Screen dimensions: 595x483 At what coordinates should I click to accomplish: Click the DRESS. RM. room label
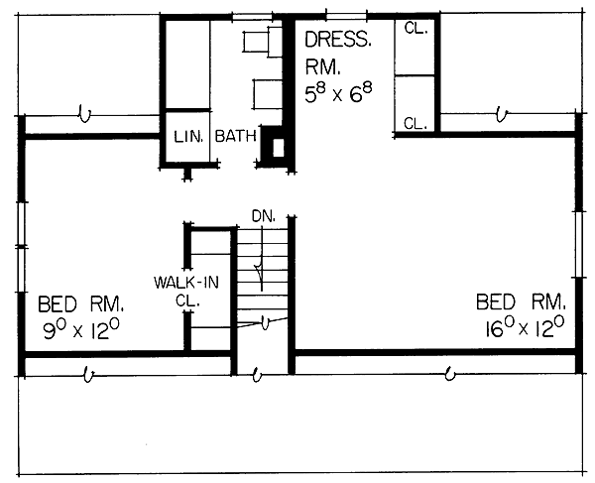(x=338, y=53)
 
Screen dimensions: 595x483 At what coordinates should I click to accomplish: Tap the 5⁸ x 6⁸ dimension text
(x=338, y=93)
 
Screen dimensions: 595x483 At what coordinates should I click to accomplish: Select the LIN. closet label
(x=188, y=137)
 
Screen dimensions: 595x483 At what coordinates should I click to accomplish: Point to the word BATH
(x=235, y=136)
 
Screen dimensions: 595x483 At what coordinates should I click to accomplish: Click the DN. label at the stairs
(x=264, y=216)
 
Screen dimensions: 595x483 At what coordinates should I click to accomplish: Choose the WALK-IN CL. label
(x=186, y=292)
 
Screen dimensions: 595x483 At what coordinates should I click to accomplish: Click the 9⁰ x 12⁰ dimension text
(x=81, y=329)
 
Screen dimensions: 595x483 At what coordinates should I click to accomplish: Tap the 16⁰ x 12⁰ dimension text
(x=525, y=326)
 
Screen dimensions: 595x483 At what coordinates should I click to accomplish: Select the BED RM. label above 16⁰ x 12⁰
(x=521, y=302)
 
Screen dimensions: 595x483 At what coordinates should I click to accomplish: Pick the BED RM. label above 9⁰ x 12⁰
(x=81, y=303)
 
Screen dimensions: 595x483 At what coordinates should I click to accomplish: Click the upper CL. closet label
(x=416, y=28)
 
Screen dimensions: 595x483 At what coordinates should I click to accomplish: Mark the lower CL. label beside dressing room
(x=416, y=123)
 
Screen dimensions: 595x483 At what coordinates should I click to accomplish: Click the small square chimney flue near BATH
(x=278, y=148)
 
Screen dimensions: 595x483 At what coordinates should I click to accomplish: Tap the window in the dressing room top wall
(x=346, y=16)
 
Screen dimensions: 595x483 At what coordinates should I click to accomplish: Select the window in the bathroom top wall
(x=252, y=16)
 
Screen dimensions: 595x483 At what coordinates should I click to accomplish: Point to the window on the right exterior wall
(x=578, y=244)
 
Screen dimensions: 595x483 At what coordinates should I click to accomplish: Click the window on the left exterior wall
(x=22, y=247)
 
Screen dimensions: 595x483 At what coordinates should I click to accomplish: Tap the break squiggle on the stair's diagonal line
(x=266, y=323)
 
